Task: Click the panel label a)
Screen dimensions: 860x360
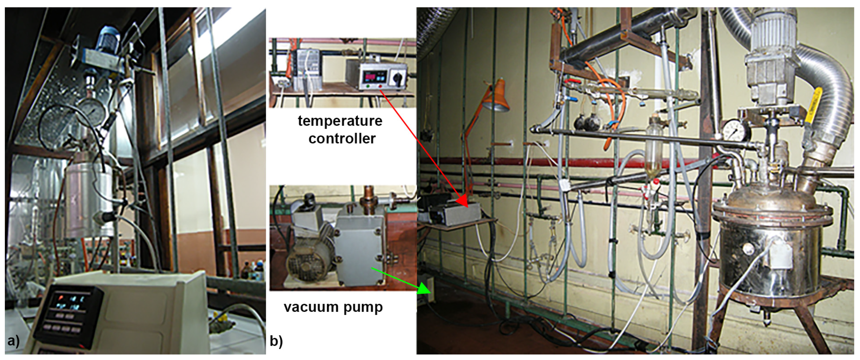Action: pos(13,341)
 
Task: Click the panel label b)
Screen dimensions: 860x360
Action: pos(276,341)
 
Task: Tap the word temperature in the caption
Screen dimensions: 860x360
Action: pos(340,121)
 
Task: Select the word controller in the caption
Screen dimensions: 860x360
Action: pos(342,138)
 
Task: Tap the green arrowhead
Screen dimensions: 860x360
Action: pos(425,288)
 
